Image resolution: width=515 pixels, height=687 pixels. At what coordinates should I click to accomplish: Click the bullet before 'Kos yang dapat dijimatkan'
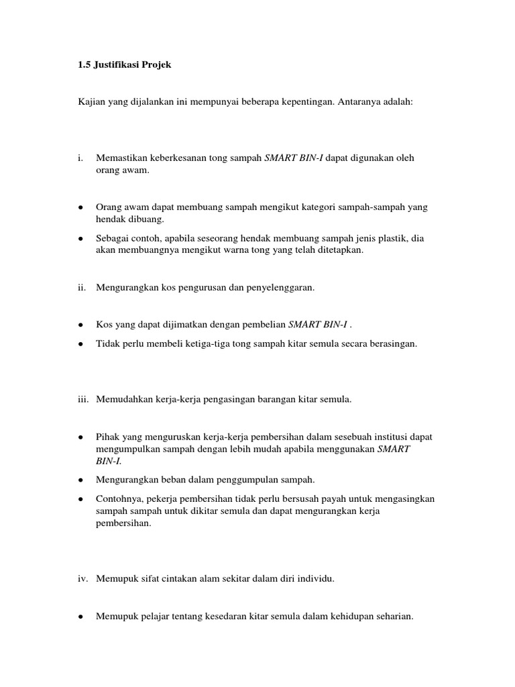[80, 325]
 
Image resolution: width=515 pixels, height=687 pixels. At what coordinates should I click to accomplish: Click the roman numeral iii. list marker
[84, 399]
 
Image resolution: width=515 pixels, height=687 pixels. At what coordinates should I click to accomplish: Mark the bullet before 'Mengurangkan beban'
[80, 480]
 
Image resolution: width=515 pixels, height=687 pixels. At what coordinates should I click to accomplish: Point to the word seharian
[393, 616]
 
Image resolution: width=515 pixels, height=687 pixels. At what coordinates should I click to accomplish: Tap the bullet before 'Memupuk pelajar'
[80, 616]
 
